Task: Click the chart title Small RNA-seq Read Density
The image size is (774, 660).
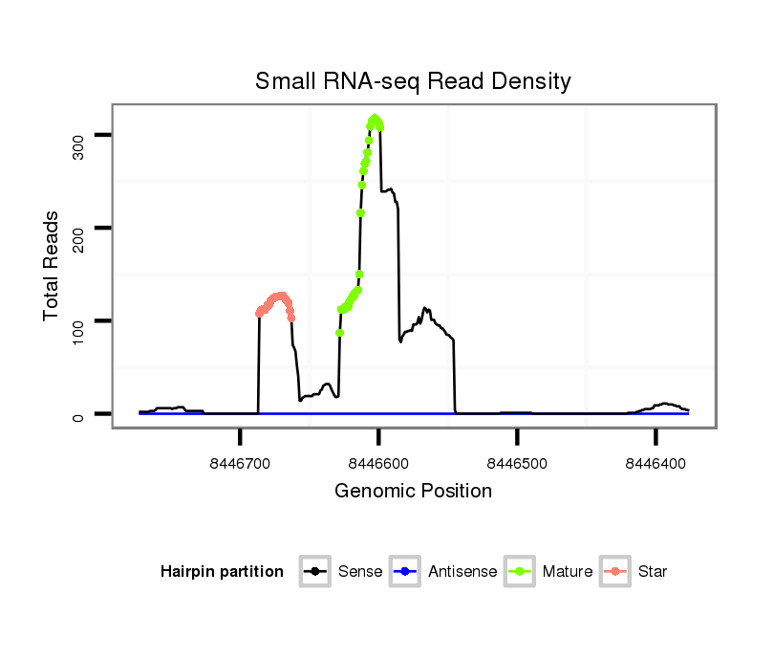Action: click(x=413, y=81)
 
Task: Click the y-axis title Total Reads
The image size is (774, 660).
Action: click(x=53, y=266)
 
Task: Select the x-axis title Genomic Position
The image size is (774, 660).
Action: click(x=413, y=491)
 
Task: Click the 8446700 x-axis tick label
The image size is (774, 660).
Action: click(x=240, y=462)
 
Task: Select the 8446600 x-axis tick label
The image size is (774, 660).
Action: click(x=378, y=462)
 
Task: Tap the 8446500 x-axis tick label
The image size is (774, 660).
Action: click(x=517, y=462)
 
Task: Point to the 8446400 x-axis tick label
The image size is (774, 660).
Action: click(x=656, y=462)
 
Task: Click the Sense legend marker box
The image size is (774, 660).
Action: click(x=314, y=572)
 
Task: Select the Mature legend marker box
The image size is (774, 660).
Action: click(x=519, y=572)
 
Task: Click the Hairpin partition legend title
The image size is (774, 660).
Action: click(x=222, y=572)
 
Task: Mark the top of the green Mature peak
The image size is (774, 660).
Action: click(x=376, y=119)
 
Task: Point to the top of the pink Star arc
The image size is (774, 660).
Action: click(x=279, y=296)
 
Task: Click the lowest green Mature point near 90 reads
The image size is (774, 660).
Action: click(x=339, y=333)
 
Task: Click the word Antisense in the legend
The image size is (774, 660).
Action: click(x=462, y=572)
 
